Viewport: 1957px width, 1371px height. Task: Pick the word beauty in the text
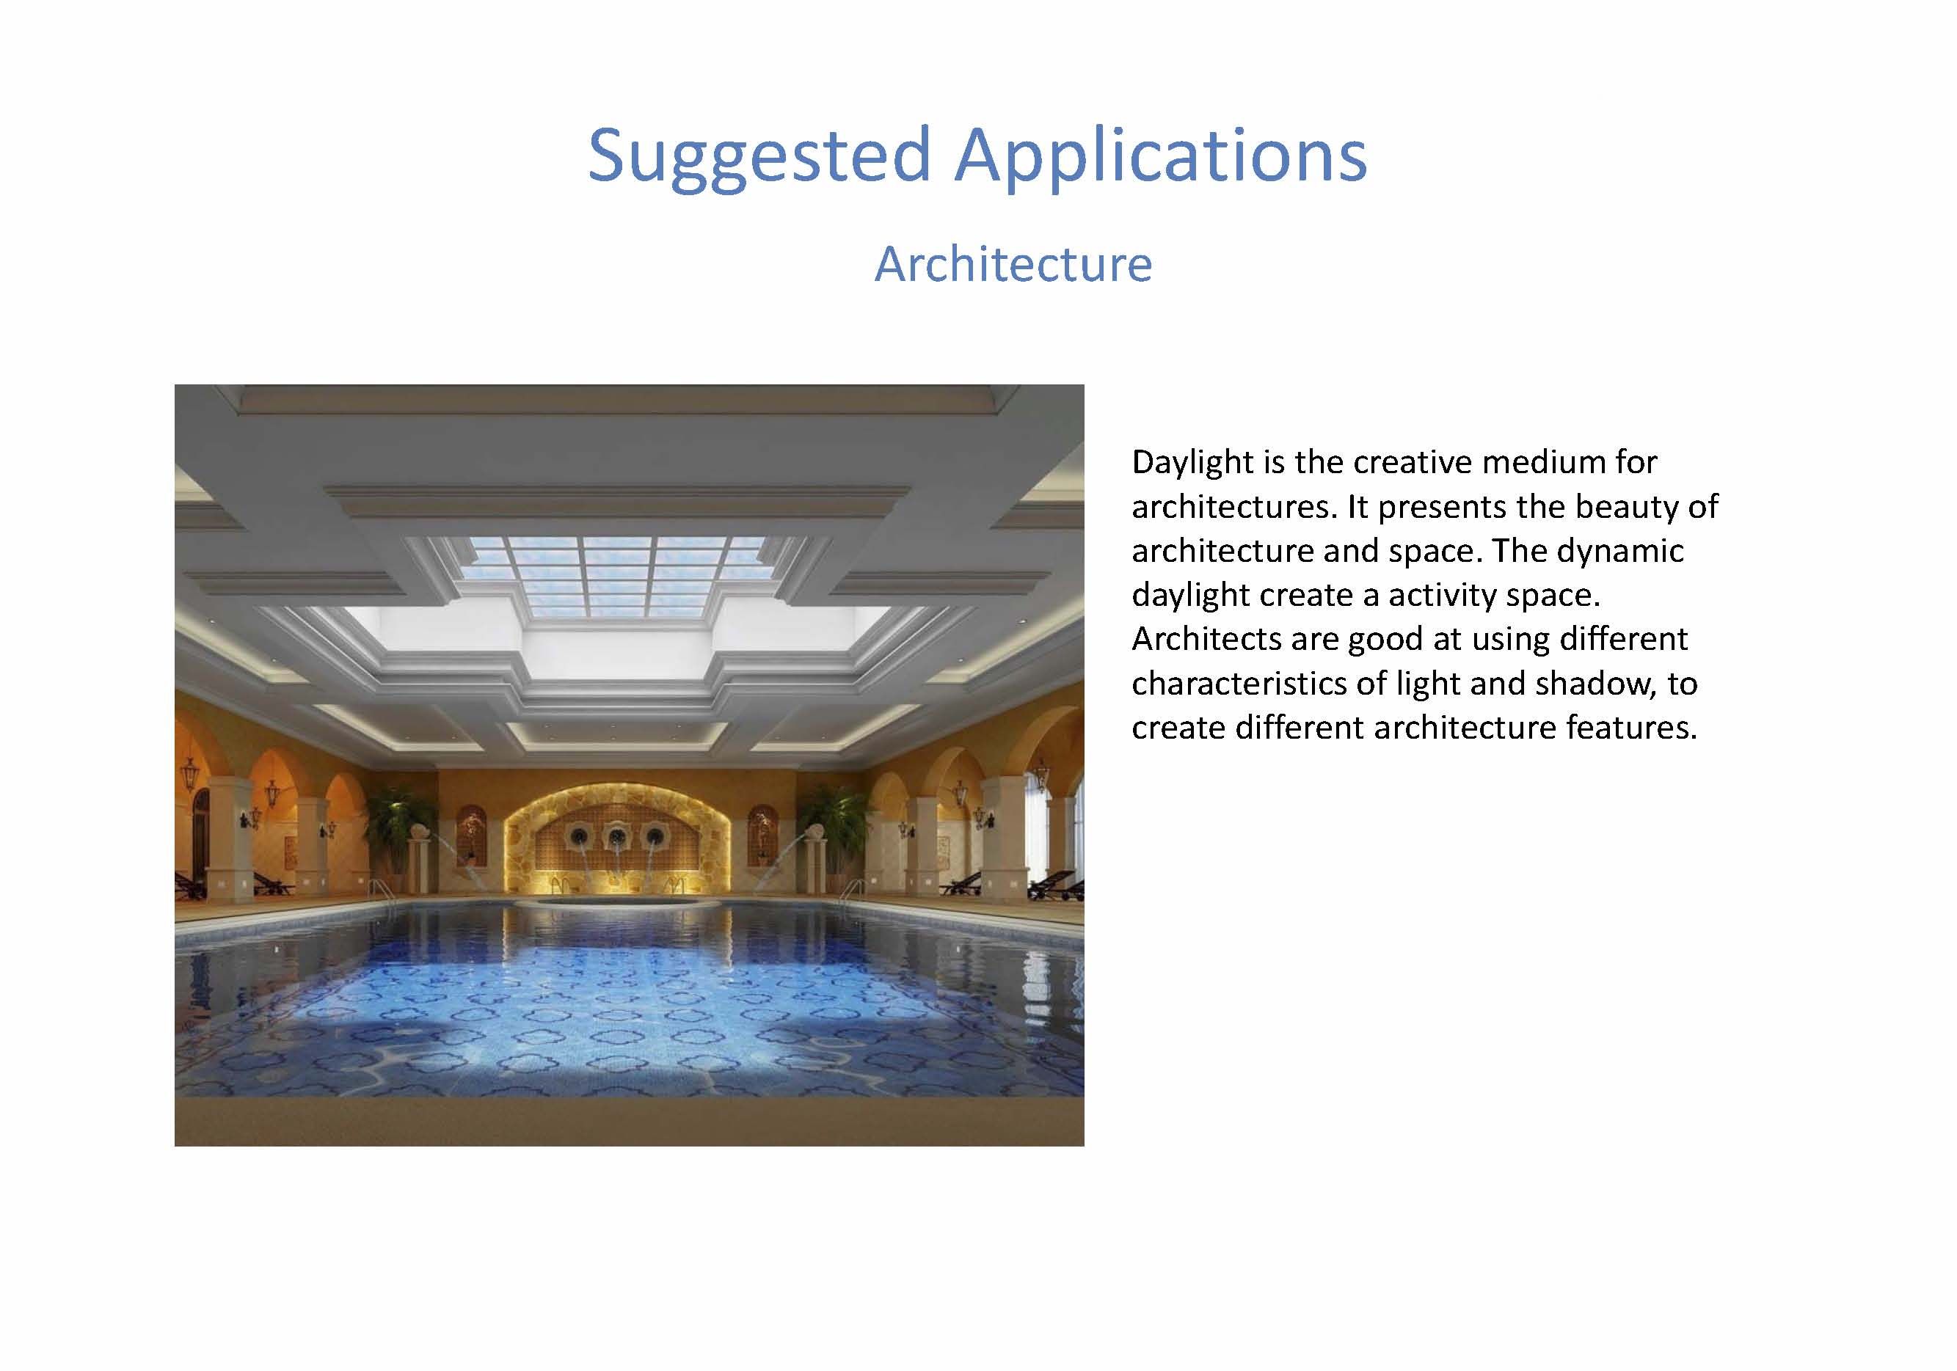[1627, 508]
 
